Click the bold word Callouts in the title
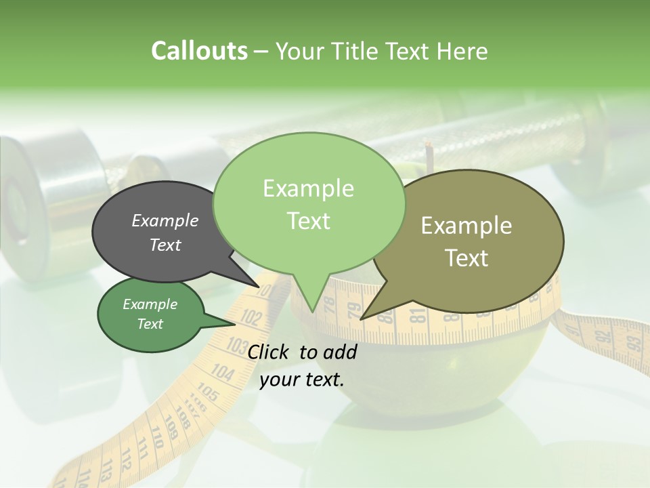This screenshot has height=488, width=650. pos(199,52)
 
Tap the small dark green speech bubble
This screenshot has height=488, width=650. pos(150,314)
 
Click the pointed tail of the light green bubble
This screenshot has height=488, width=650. pos(311,308)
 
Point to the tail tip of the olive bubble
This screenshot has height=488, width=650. pos(363,318)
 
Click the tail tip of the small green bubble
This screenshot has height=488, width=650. pos(234,323)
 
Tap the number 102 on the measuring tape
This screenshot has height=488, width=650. pos(251,317)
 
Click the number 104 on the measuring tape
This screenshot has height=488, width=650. pos(222,371)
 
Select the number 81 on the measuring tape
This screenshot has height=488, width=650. pos(417,314)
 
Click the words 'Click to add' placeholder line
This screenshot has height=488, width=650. pos(302,352)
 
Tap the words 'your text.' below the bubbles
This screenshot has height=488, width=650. pos(302,380)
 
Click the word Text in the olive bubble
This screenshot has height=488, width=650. pos(467,258)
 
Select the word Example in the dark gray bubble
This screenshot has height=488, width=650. pos(165,220)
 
